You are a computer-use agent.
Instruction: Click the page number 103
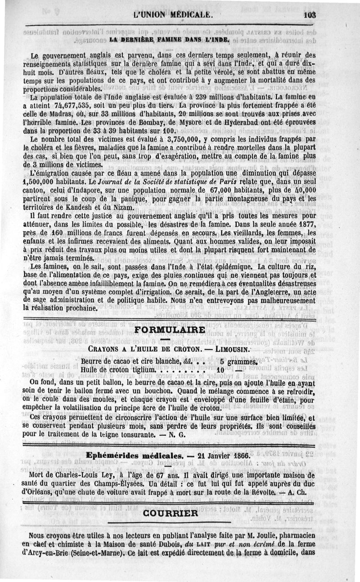point(310,14)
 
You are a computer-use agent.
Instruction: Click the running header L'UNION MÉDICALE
point(173,14)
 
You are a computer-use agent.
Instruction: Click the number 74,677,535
point(51,106)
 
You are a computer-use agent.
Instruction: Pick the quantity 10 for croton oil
point(220,370)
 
